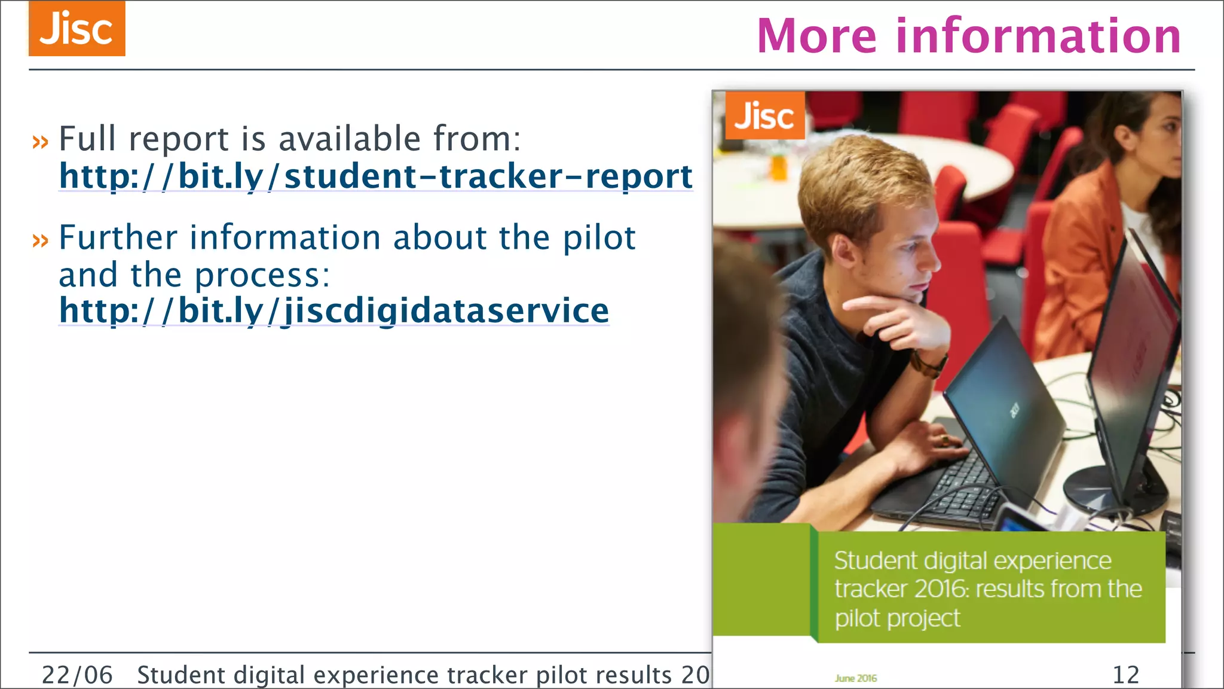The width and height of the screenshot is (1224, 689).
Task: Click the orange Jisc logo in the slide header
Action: (76, 29)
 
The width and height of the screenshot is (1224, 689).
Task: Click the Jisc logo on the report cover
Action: (764, 115)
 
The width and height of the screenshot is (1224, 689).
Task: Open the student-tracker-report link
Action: (375, 176)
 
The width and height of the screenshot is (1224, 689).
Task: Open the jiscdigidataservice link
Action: (333, 310)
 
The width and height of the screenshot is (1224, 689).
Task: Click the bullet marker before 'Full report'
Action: (40, 142)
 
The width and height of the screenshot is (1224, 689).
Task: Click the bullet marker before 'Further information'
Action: (40, 240)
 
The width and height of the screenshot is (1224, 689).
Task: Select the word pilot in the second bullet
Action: (599, 238)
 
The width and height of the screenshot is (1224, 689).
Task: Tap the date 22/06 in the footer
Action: (76, 675)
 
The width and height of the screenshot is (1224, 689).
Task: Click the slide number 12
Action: (1125, 675)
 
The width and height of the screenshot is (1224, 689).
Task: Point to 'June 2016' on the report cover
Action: (856, 678)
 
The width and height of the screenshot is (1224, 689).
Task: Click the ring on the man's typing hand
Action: (944, 441)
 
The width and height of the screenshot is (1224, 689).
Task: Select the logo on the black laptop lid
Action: (1014, 410)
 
